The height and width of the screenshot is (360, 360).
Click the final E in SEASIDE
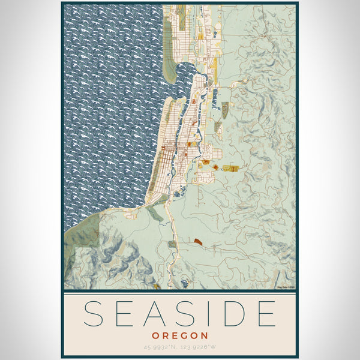click(x=266, y=314)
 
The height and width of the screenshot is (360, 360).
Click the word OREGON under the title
click(x=180, y=335)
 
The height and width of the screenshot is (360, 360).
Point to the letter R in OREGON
click(x=164, y=335)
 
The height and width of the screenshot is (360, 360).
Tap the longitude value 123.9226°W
click(x=201, y=347)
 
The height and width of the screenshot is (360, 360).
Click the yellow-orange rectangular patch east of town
click(x=230, y=169)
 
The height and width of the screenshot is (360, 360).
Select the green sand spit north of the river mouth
click(x=169, y=69)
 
